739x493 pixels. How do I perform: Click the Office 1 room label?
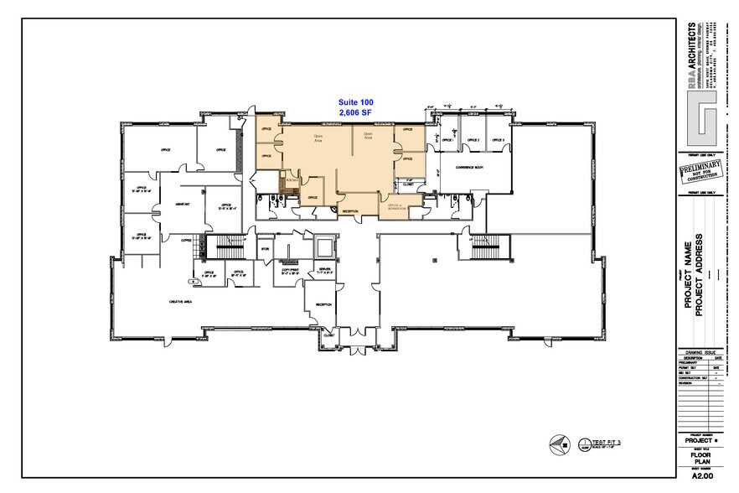(447, 141)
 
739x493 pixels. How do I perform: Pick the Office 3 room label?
(498, 141)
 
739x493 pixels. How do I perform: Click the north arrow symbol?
(557, 444)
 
